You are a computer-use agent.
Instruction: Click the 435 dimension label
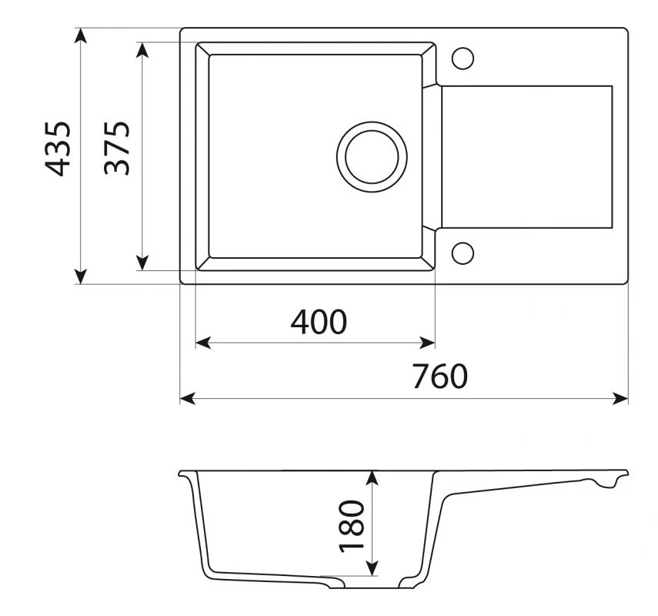58,149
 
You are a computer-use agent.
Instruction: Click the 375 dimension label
117,148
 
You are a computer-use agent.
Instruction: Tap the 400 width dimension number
319,322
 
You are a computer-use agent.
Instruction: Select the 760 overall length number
439,376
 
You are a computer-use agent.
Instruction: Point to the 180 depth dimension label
351,526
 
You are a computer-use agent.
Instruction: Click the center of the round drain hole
372,157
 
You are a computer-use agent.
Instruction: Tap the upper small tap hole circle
463,59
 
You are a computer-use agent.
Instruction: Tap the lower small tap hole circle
463,253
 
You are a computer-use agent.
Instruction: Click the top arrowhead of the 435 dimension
81,35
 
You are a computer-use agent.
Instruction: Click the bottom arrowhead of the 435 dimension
81,276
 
